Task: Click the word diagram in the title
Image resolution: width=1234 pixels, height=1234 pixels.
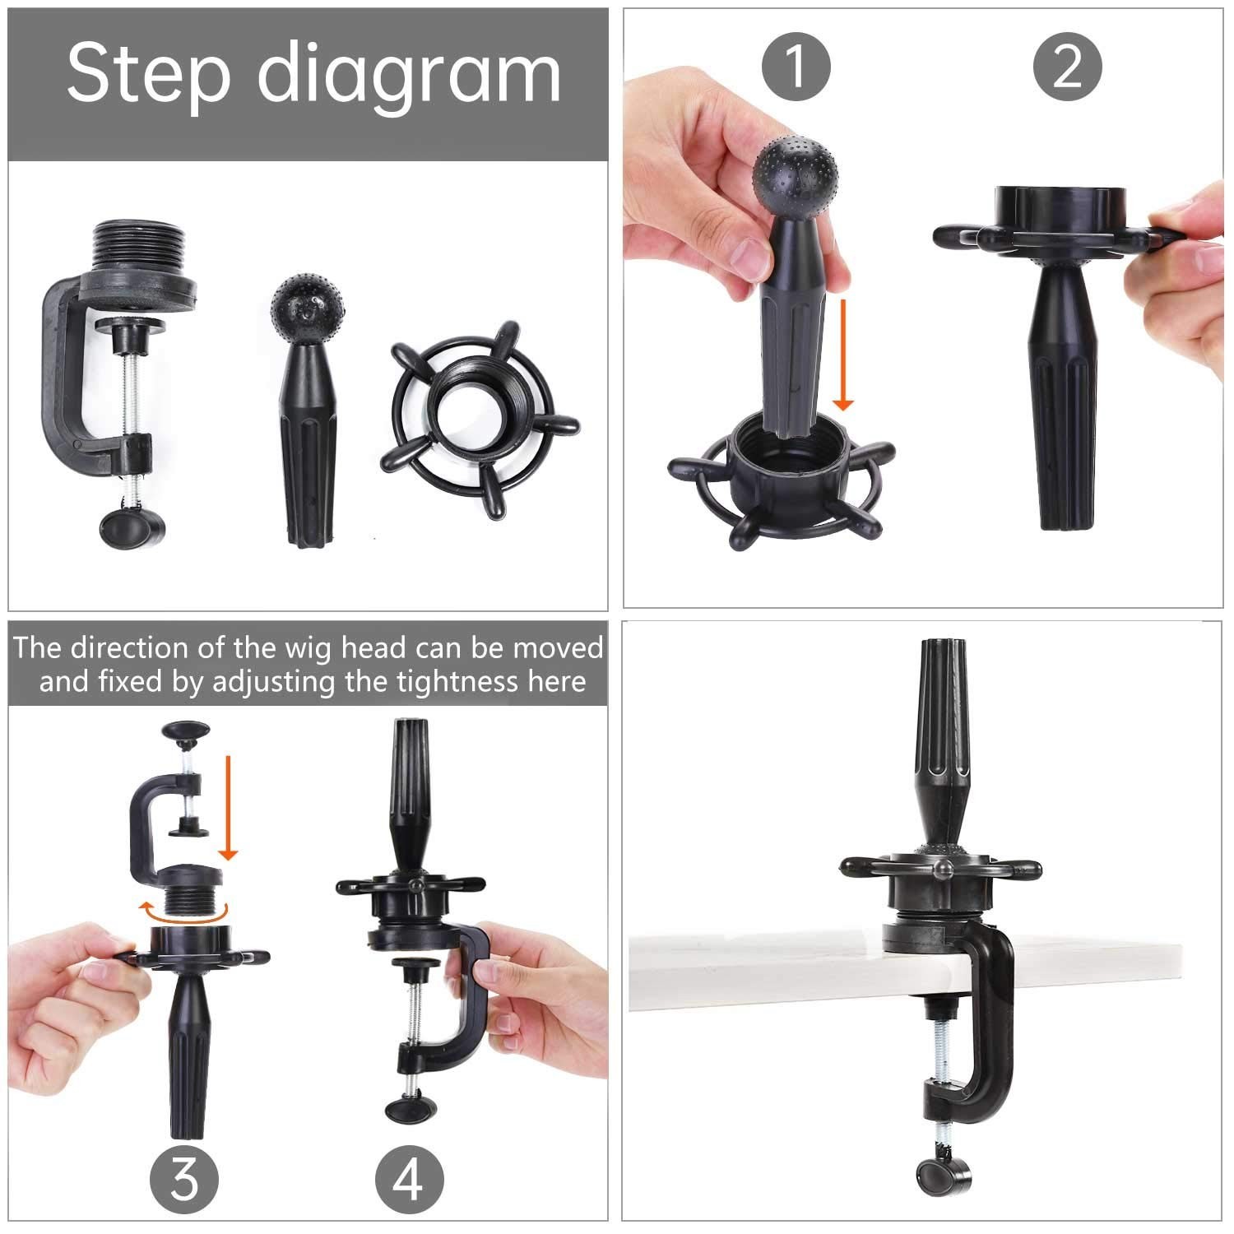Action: click(x=409, y=77)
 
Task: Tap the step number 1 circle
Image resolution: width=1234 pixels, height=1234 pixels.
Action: click(x=796, y=66)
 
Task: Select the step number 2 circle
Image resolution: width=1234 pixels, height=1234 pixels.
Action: click(x=1067, y=66)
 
